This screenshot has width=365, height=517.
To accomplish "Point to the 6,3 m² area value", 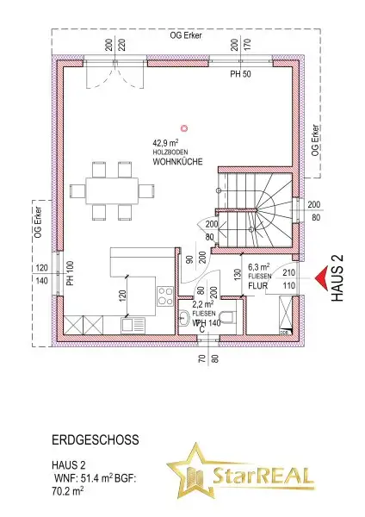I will (259, 267).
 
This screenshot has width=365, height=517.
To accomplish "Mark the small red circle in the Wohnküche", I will (197, 129).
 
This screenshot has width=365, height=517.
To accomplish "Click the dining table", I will (113, 187).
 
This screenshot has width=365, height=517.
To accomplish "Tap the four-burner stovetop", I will (164, 298).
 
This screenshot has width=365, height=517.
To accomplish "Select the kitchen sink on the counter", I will (134, 325).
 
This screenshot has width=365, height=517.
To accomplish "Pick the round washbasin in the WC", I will (185, 319).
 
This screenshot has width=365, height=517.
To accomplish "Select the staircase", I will (254, 211).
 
